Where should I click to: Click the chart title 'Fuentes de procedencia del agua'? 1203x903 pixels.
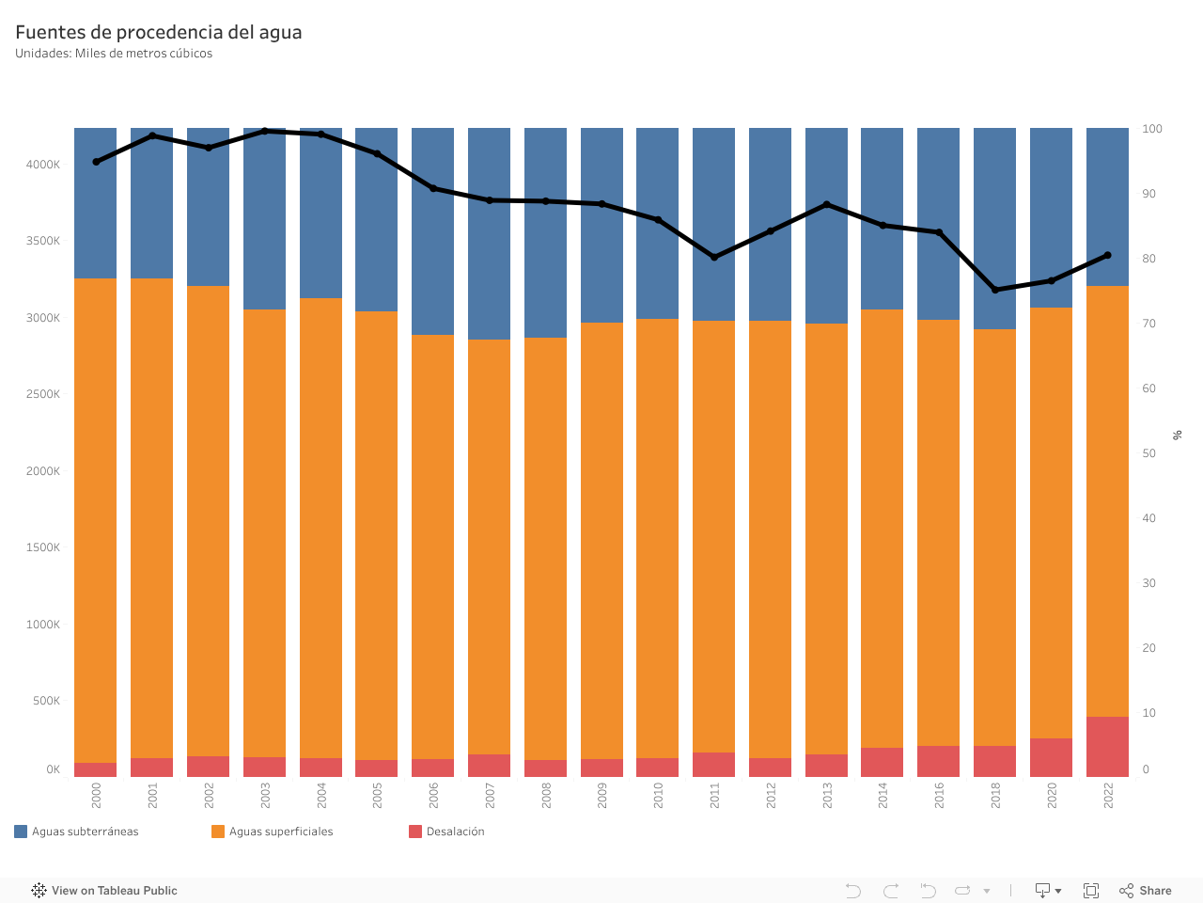[x=159, y=32]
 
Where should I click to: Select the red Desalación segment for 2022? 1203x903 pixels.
[x=1107, y=747]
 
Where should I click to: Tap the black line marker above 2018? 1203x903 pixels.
[x=995, y=290]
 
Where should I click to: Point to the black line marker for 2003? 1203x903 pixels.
[x=265, y=131]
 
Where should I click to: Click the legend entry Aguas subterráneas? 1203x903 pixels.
[x=77, y=832]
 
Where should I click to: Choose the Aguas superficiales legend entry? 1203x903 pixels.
[x=273, y=832]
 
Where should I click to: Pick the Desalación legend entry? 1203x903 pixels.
[x=447, y=832]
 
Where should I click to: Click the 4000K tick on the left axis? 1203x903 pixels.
[x=43, y=165]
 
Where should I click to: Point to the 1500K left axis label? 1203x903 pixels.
[x=43, y=547]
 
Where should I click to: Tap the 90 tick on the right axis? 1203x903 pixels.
[x=1148, y=194]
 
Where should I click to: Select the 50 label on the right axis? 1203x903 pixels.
[x=1148, y=453]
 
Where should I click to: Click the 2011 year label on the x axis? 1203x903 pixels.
[x=715, y=796]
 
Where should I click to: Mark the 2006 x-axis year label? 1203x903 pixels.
[x=434, y=796]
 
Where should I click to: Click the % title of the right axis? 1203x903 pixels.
[x=1178, y=435]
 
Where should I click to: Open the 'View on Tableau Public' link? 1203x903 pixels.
[x=104, y=891]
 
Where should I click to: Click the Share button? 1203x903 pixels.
[x=1146, y=891]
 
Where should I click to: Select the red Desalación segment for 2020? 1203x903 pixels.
[x=1051, y=757]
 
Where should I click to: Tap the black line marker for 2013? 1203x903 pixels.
[x=826, y=204]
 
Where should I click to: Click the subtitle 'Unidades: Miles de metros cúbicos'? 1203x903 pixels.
[x=114, y=54]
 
